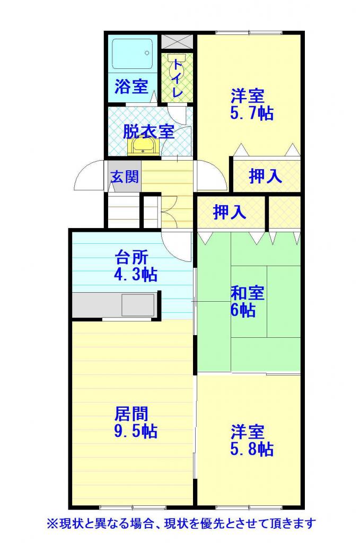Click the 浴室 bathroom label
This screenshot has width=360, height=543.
[x=131, y=86]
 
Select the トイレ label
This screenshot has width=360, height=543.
[x=178, y=78]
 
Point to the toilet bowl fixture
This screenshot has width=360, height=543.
[x=177, y=64]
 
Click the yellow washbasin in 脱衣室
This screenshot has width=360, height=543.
[x=143, y=147]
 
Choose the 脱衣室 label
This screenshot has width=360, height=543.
[x=148, y=132]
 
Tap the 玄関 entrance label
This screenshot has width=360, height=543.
[x=125, y=177]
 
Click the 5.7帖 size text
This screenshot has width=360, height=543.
[x=252, y=113]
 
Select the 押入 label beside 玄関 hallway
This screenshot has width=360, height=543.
[x=266, y=176]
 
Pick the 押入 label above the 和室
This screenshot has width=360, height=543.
[x=230, y=212]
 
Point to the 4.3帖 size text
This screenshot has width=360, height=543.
[x=135, y=275]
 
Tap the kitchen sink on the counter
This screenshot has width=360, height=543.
[x=138, y=305]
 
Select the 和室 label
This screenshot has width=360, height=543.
[x=248, y=293]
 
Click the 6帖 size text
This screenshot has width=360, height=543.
[x=243, y=310]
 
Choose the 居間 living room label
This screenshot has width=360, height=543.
[x=131, y=414]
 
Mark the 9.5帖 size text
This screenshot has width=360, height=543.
[x=135, y=431]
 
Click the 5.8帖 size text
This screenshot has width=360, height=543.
[x=252, y=449]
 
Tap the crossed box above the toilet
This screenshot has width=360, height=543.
[x=177, y=42]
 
